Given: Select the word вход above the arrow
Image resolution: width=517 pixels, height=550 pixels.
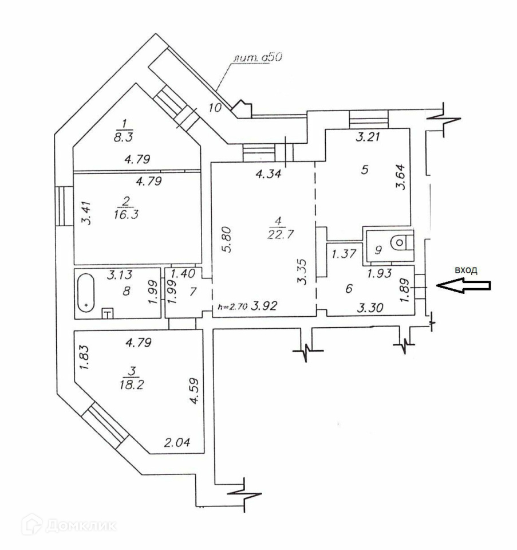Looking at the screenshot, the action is (465, 269).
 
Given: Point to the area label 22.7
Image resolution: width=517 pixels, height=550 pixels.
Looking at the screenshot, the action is (277, 233).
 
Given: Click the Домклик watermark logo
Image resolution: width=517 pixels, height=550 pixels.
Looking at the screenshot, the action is (68, 524).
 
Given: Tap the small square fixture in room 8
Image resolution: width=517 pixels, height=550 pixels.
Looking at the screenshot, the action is (107, 312).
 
